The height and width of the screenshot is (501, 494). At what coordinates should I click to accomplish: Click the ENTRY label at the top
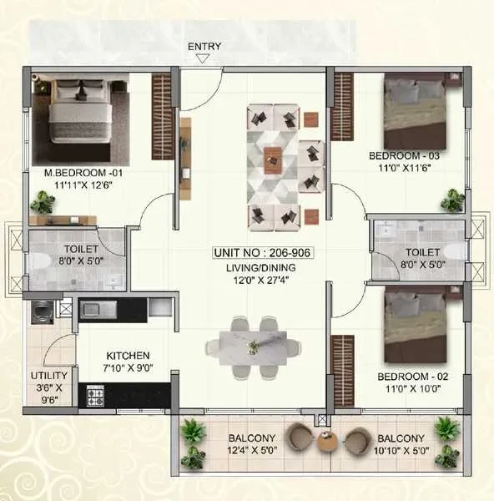(x=204, y=47)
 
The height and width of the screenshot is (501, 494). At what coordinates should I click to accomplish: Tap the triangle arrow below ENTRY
(x=203, y=58)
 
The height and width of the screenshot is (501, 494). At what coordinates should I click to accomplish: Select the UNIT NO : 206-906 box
(x=263, y=253)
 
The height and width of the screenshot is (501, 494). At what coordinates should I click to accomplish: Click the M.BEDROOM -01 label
(x=83, y=173)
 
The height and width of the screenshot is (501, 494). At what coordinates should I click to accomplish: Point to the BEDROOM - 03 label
(x=404, y=156)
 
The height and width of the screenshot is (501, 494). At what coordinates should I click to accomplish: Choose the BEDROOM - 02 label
(x=413, y=377)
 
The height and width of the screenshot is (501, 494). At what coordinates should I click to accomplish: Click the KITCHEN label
(x=128, y=356)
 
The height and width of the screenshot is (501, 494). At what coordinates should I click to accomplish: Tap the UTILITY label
(x=49, y=376)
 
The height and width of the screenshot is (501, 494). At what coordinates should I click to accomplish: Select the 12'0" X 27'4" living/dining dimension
(x=261, y=281)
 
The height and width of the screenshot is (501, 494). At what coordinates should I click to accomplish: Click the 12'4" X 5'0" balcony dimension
(x=252, y=450)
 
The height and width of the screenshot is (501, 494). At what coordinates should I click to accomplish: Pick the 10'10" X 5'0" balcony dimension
(x=401, y=451)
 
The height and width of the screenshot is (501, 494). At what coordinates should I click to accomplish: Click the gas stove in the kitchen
(x=95, y=396)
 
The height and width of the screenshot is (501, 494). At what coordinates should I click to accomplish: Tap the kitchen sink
(x=98, y=309)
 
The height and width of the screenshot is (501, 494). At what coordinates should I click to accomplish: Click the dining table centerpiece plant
(x=253, y=347)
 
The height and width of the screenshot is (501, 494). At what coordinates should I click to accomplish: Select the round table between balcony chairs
(x=327, y=441)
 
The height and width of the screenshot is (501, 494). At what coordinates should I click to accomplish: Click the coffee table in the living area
(x=273, y=160)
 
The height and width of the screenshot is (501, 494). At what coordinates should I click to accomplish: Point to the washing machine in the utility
(x=43, y=312)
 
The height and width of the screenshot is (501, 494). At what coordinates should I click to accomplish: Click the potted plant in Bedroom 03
(x=452, y=200)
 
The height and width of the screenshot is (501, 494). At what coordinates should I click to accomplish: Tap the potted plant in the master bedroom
(x=43, y=202)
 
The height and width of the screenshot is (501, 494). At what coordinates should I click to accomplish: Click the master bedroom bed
(x=80, y=111)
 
